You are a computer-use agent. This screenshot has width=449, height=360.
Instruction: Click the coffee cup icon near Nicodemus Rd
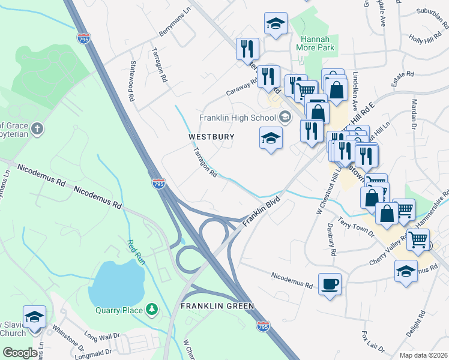[x=330, y=283]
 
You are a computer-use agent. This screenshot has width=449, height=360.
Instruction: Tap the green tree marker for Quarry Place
[x=153, y=309]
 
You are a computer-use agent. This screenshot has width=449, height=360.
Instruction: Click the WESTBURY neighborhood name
[x=211, y=137]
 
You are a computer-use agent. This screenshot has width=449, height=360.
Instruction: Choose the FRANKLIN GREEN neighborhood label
[x=217, y=306]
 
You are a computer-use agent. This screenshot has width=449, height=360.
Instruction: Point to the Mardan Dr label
[x=414, y=114]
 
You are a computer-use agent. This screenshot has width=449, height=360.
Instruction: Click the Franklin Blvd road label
[x=262, y=211]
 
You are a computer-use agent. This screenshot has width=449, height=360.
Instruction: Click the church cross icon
[x=37, y=128]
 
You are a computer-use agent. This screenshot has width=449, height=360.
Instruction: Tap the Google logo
[x=20, y=352]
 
